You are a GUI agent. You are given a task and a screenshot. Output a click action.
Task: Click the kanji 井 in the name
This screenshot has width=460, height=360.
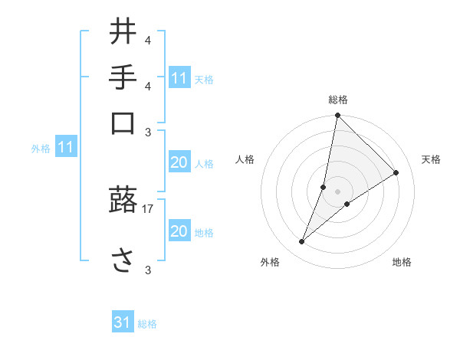click(x=124, y=32)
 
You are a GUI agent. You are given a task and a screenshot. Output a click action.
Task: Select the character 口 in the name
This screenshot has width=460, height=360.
click(x=124, y=123)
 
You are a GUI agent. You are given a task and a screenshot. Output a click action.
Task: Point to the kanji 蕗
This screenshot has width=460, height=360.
click(x=124, y=201)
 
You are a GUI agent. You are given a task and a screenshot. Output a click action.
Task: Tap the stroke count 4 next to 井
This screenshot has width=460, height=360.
click(x=148, y=40)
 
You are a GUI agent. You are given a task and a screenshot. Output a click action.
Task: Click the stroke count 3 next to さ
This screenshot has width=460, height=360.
click(x=148, y=270)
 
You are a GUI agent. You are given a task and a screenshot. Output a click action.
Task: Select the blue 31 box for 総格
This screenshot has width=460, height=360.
click(x=123, y=323)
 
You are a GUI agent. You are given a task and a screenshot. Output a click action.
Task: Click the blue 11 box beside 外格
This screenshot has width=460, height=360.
click(x=65, y=147)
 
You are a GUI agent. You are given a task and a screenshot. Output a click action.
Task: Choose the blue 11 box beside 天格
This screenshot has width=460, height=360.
click(x=179, y=78)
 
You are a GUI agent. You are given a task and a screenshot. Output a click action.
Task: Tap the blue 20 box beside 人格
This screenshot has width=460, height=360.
click(x=179, y=162)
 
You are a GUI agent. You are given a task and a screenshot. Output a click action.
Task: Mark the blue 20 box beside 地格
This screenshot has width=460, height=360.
click(x=179, y=231)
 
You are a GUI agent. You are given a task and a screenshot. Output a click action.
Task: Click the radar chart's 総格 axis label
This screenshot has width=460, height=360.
click(x=338, y=100)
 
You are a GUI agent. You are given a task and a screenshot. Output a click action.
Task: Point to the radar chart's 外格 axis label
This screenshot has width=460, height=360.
click(x=270, y=262)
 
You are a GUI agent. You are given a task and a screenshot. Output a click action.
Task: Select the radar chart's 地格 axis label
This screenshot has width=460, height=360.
click(x=402, y=262)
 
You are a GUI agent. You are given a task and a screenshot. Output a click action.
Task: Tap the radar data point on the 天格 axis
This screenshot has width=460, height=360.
click(x=396, y=173)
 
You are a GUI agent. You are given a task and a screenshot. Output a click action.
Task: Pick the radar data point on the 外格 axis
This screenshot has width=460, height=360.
click(x=302, y=242)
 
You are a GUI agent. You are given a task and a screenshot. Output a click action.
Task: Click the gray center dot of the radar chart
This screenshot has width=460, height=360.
click(x=338, y=191)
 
